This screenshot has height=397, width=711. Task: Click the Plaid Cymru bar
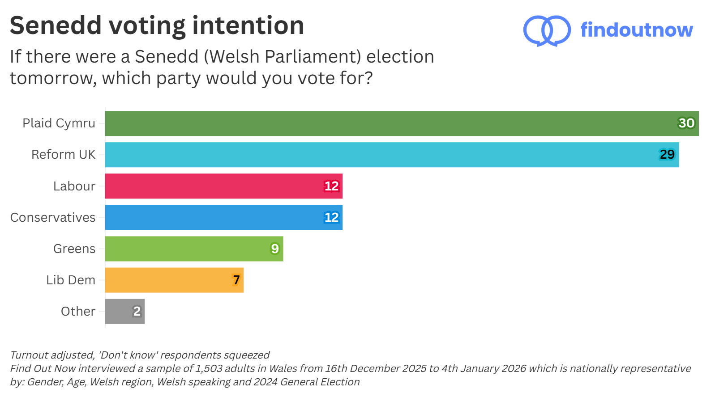(402, 123)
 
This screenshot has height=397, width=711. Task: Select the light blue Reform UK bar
(392, 155)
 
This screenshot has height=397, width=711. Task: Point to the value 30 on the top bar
(686, 123)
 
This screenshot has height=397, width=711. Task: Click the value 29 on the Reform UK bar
(667, 155)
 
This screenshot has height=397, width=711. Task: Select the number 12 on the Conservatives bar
(331, 218)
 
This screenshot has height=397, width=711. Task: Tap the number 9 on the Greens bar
(274, 249)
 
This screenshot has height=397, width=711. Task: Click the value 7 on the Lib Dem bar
(236, 280)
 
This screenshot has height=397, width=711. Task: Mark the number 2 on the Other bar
(137, 311)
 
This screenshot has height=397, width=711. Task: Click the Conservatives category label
(53, 218)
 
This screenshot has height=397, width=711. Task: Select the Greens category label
(74, 249)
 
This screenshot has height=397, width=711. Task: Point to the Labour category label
(74, 186)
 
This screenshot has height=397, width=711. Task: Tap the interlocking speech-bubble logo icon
(547, 30)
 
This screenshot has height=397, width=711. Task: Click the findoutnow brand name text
(636, 30)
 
